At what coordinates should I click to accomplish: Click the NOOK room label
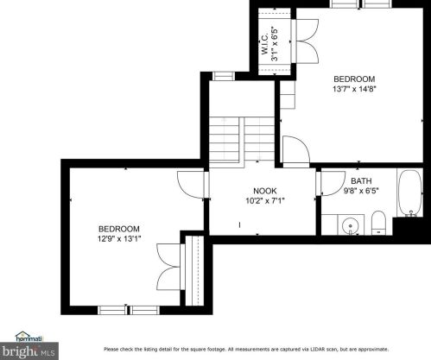tap(265, 191)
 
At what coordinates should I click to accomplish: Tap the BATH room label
tap(361, 181)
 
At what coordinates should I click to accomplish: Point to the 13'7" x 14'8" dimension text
tap(354, 89)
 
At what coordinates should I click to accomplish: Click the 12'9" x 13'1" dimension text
tap(119, 238)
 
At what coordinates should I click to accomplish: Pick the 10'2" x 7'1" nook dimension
tap(265, 200)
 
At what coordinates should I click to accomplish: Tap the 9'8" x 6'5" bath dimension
tap(361, 191)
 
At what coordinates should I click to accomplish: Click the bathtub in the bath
tap(410, 193)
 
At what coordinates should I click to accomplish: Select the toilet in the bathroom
tap(378, 223)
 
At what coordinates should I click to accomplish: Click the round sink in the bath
tap(350, 224)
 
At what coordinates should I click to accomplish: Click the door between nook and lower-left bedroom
tap(192, 185)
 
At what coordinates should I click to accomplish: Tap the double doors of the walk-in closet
tap(305, 41)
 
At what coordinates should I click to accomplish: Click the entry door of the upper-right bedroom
tap(296, 151)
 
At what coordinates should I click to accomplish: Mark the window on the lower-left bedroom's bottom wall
tap(129, 310)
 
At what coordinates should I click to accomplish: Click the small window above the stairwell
tap(224, 76)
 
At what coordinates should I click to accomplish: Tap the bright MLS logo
tap(29, 351)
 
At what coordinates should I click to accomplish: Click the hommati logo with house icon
tap(29, 337)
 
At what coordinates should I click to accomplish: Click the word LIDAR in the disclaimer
tap(317, 350)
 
